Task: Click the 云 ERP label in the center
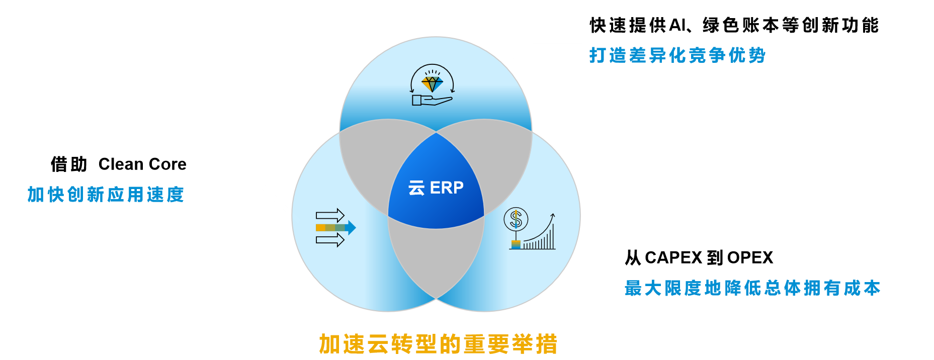(436, 188)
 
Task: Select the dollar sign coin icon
(516, 219)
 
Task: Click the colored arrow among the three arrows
(335, 228)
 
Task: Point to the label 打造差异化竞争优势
(677, 55)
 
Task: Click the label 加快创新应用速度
(106, 195)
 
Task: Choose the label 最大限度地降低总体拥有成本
(752, 288)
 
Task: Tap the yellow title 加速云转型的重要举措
(438, 344)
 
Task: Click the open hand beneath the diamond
(432, 100)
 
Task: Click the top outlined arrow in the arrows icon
(330, 216)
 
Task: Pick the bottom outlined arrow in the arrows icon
(330, 240)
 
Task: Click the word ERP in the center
(447, 188)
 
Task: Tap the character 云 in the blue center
(416, 188)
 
